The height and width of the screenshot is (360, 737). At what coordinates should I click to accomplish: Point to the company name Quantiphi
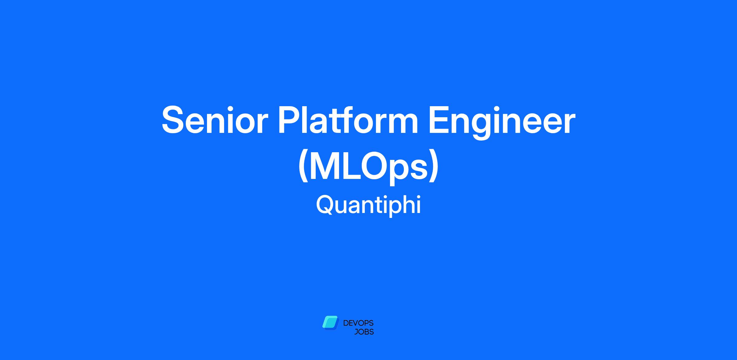coord(368,205)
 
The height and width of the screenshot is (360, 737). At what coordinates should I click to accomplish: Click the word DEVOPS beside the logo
coord(358,323)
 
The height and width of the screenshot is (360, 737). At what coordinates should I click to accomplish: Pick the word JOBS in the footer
coord(364,332)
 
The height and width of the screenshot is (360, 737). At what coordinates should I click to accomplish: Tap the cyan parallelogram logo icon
coord(330,323)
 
